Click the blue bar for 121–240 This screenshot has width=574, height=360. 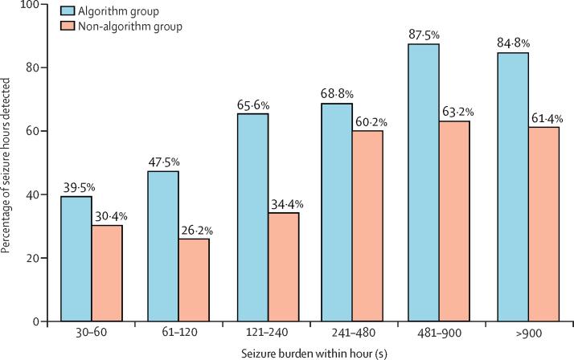252,217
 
